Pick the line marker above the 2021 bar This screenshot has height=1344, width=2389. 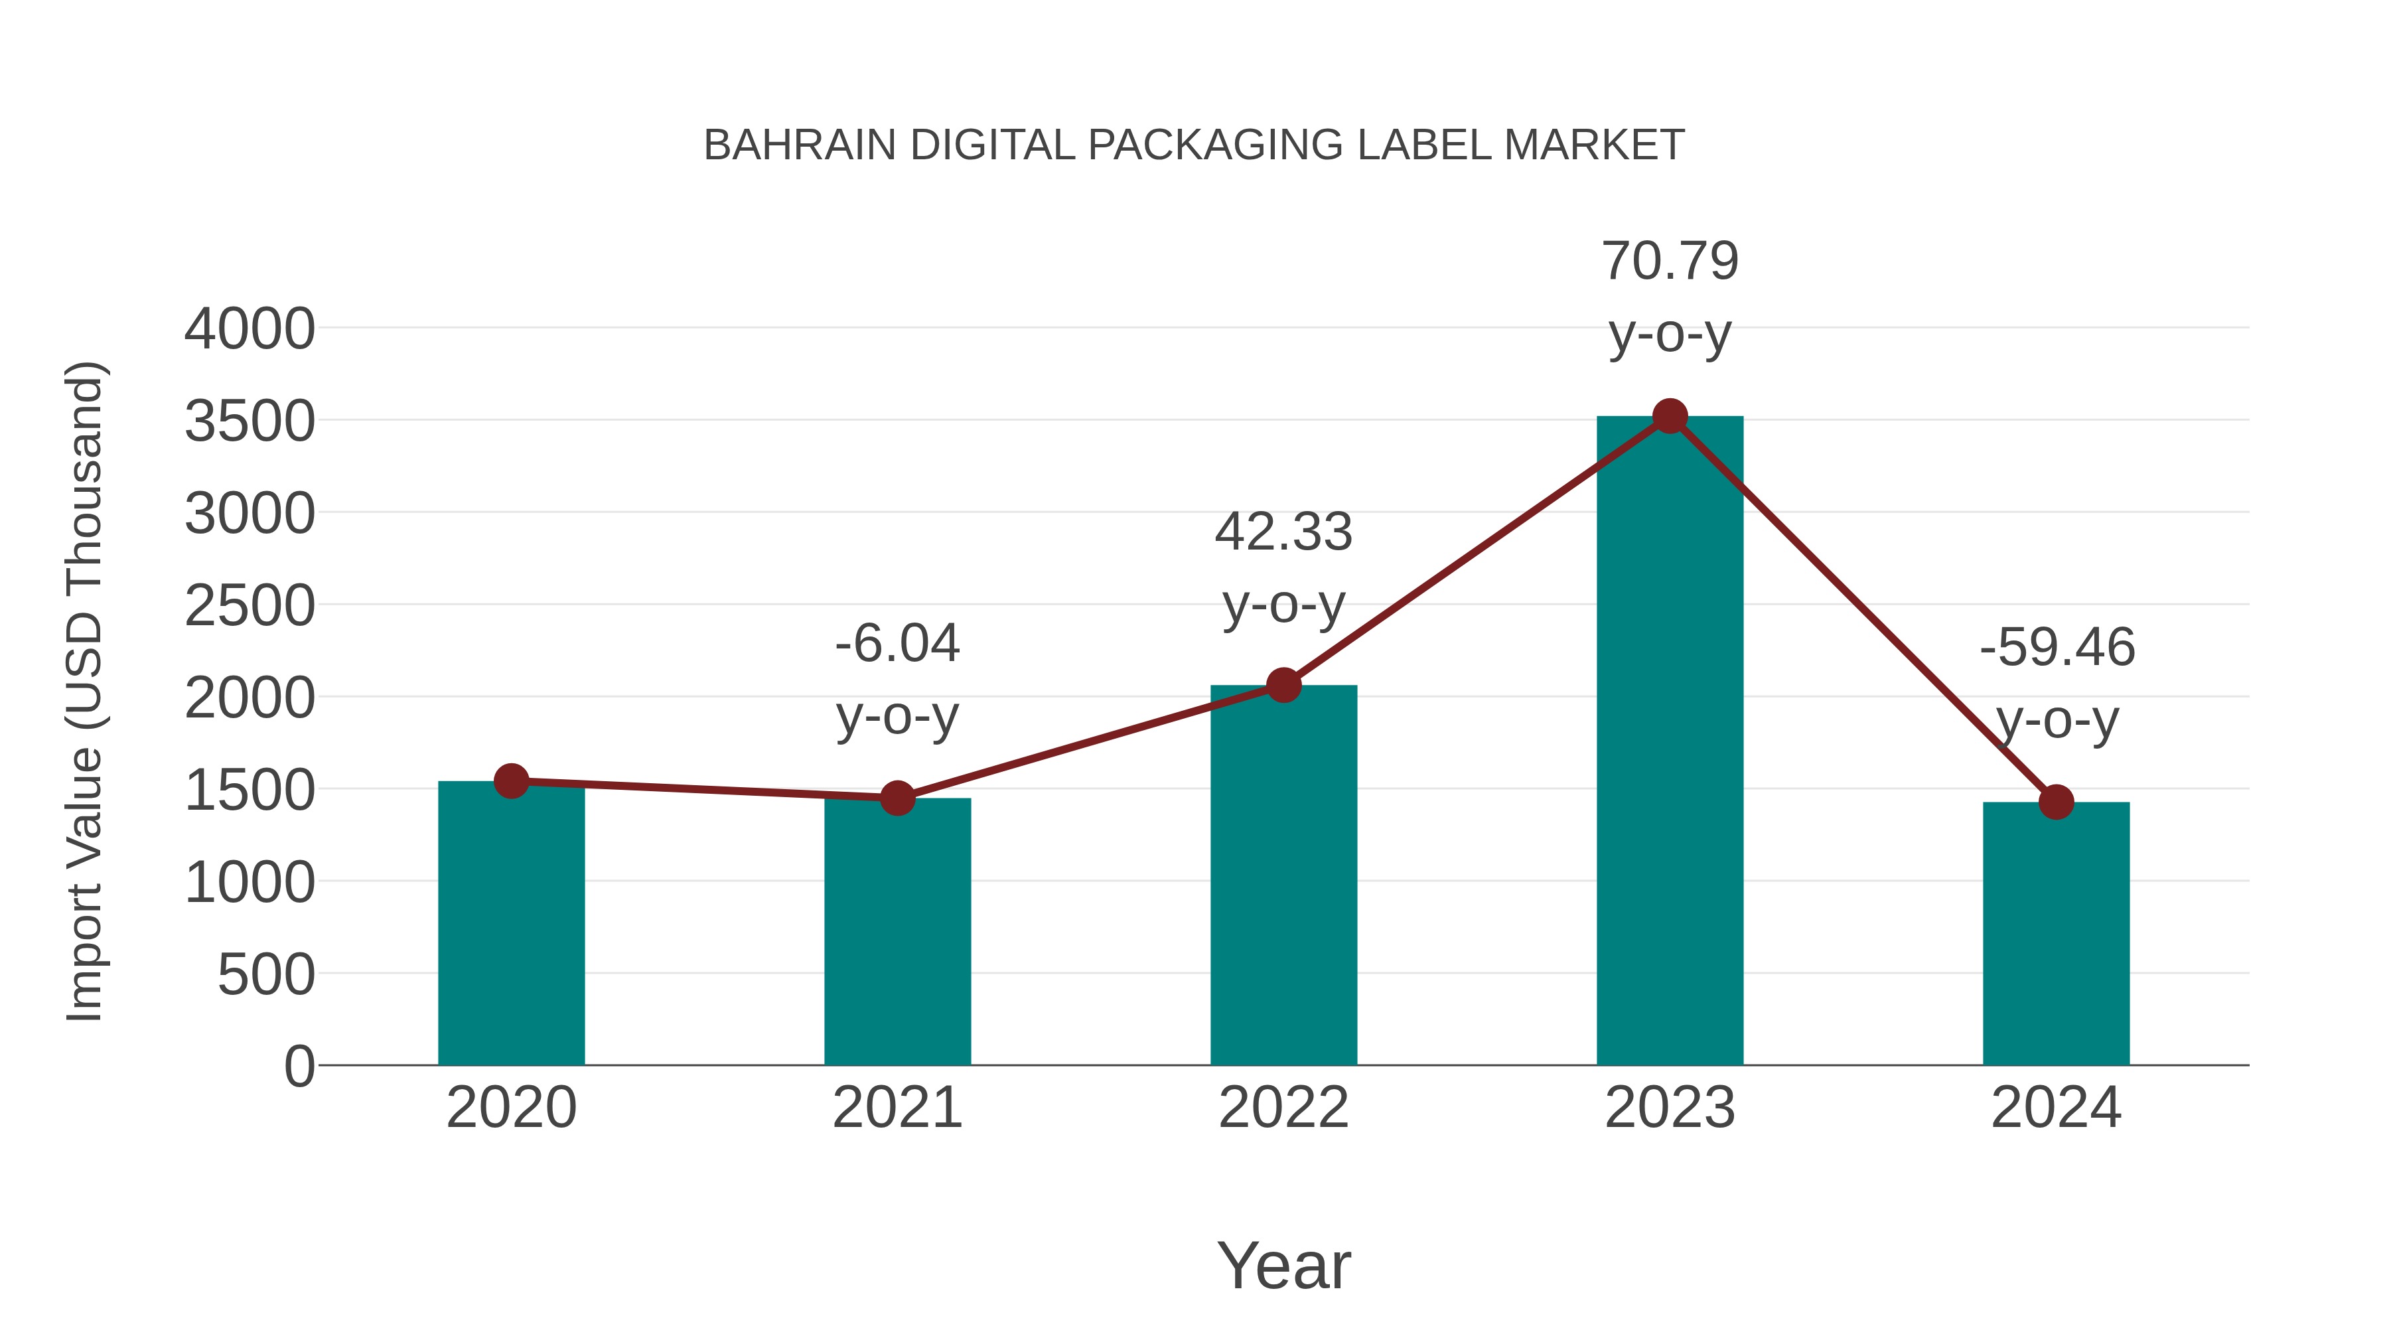tap(897, 798)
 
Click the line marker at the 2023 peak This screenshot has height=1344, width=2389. tap(1670, 416)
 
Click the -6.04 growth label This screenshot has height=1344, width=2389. tap(897, 679)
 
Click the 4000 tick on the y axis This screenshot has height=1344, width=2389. tap(250, 329)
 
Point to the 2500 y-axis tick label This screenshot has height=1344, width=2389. tap(250, 607)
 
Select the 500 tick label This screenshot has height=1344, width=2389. tap(265, 975)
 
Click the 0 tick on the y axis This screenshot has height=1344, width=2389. tap(299, 1066)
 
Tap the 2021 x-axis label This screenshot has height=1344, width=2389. tap(897, 1108)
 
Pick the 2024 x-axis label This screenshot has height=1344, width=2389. tap(2056, 1108)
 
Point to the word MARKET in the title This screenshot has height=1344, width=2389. tap(1593, 145)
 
